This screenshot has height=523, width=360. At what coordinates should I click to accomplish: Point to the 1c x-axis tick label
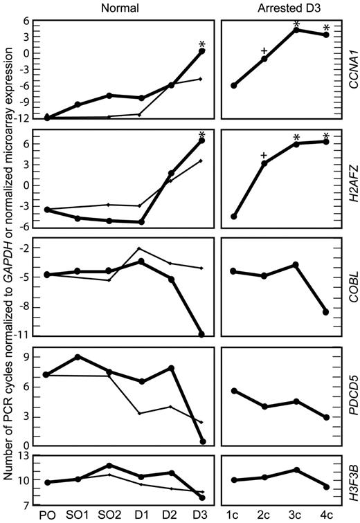pyautogui.click(x=234, y=515)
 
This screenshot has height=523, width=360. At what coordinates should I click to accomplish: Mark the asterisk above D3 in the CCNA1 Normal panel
pyautogui.click(x=202, y=43)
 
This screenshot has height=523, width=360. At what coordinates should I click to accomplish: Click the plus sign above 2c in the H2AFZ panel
pyautogui.click(x=264, y=156)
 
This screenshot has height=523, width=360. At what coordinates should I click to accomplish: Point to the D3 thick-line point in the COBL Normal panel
pyautogui.click(x=201, y=335)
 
